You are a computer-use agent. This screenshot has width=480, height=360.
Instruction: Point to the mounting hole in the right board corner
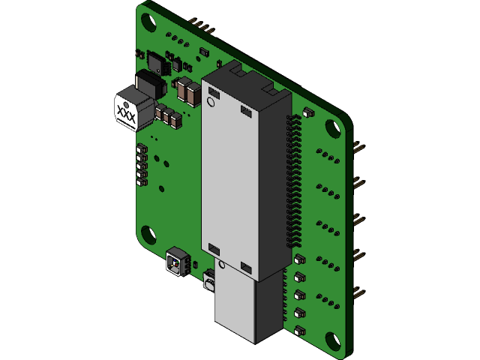tap(331, 128)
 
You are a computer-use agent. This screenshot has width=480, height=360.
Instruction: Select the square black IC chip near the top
tap(157, 61)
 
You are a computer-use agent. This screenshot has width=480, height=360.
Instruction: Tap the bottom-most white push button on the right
tap(300, 330)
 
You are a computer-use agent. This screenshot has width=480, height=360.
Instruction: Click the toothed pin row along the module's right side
tap(292, 180)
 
